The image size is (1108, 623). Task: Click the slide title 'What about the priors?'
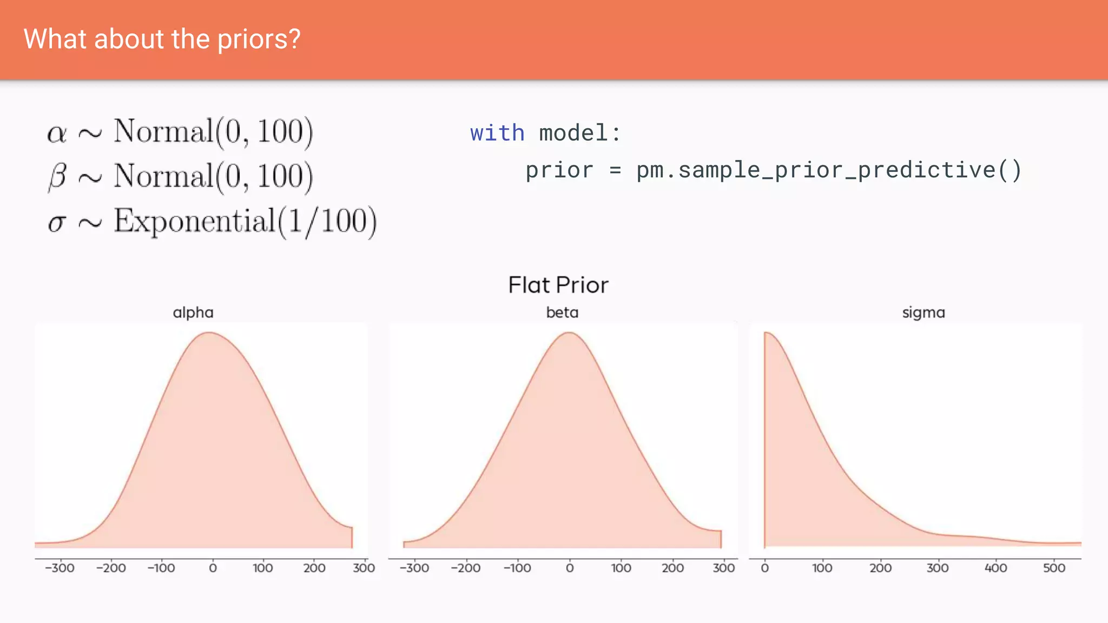[162, 39]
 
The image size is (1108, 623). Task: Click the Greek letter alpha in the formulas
[57, 133]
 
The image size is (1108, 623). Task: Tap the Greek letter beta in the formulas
[57, 177]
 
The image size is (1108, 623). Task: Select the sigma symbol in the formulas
[57, 222]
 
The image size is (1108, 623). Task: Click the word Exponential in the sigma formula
[195, 221]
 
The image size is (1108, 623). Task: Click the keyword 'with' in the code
[497, 133]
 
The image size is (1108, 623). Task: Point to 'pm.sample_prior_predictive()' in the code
[828, 170]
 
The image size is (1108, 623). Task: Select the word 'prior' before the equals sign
[559, 170]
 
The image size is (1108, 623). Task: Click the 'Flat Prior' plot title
[558, 285]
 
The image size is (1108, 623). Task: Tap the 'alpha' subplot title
[193, 313]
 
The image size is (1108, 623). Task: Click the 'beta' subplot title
[562, 313]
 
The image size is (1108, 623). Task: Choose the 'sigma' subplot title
[924, 313]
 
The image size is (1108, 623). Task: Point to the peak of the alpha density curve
[210, 333]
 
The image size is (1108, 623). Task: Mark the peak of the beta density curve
[569, 333]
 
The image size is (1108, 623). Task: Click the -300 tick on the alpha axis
[60, 568]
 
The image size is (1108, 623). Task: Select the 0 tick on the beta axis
[570, 568]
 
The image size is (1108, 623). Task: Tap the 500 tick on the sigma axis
[1054, 568]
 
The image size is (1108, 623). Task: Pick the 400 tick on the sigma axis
[995, 568]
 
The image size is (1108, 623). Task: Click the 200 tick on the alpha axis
[314, 568]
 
